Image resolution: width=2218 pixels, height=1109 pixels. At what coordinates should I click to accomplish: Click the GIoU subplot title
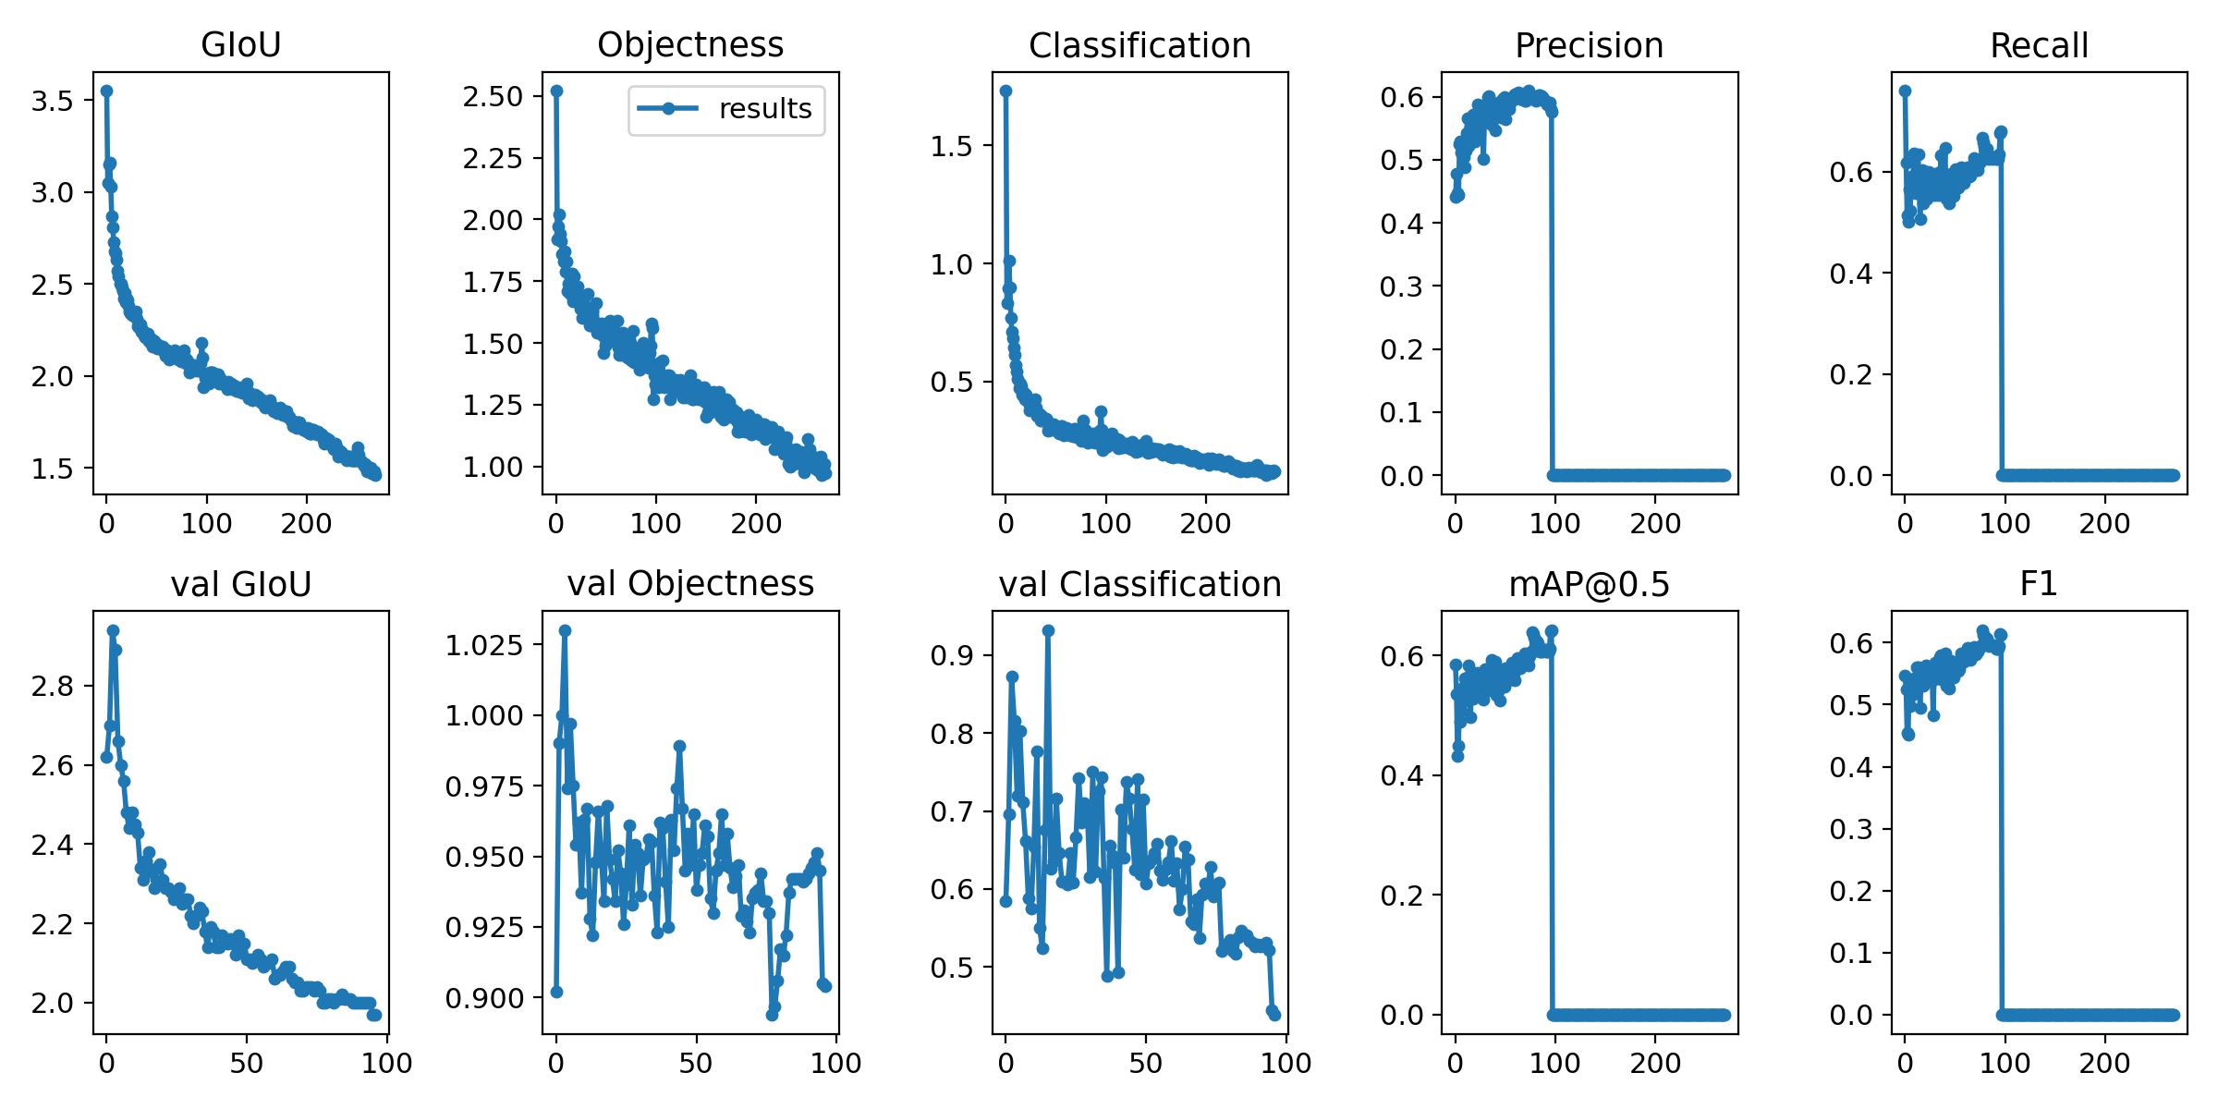pos(241,44)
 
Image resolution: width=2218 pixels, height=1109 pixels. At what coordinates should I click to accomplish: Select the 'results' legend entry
pos(726,109)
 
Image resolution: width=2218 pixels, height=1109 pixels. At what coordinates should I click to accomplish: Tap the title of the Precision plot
pos(1589,45)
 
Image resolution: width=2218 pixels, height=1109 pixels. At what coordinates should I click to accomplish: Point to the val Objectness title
pos(690,584)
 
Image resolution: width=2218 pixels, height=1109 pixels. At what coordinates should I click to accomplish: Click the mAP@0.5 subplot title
pos(1589,584)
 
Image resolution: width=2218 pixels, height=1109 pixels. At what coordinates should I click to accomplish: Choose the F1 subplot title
pos(2039,584)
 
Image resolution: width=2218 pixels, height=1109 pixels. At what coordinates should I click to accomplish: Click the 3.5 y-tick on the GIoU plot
pos(52,100)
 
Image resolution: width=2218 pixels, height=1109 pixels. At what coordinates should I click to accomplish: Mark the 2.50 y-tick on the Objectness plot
pos(493,96)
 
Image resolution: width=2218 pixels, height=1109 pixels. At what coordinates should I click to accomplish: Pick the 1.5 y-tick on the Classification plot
pos(951,145)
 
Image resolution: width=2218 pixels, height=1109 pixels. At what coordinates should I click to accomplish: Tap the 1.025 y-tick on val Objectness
pos(484,644)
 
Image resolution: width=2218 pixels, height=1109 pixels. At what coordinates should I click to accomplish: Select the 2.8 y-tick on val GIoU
pos(52,686)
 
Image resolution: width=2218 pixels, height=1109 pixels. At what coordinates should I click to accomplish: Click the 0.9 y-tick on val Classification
pos(951,655)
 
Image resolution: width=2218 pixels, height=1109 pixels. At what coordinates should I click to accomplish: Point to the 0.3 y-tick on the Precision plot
pos(1401,286)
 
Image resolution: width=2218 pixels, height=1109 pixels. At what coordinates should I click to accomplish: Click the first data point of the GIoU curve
pos(106,91)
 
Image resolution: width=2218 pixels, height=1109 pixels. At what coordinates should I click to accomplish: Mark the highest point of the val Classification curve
pos(1048,630)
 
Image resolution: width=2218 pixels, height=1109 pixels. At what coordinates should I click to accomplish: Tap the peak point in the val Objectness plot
pos(565,630)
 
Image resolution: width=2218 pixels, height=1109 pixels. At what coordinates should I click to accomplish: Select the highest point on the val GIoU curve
pos(113,630)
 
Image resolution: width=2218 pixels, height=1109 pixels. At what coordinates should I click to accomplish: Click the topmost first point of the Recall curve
pos(1905,91)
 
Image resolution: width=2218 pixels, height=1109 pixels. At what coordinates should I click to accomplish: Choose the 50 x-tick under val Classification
pos(1145,1063)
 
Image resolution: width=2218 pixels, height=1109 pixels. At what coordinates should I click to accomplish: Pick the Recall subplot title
pos(2039,45)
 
